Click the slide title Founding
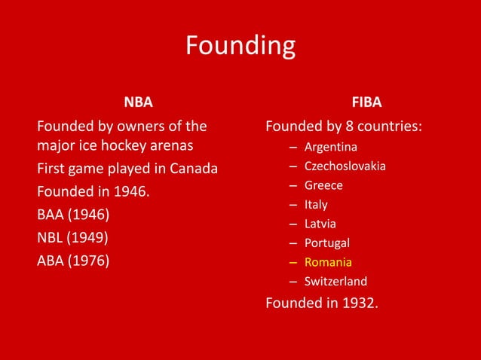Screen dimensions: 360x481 point(240,47)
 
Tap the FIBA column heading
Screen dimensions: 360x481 point(366,102)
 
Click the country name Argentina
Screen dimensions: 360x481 point(330,146)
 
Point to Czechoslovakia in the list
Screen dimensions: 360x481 point(345,166)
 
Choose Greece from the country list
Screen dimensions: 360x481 point(323,185)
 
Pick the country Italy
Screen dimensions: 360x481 point(316,204)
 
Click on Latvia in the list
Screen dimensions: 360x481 point(320,224)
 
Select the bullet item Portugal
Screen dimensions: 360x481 point(326,243)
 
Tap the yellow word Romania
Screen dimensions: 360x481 point(328,262)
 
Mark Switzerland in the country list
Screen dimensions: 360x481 point(335,282)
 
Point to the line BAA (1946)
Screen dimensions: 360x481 point(73,215)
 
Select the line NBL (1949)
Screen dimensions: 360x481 point(72,238)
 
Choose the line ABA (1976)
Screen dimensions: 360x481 point(73,261)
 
